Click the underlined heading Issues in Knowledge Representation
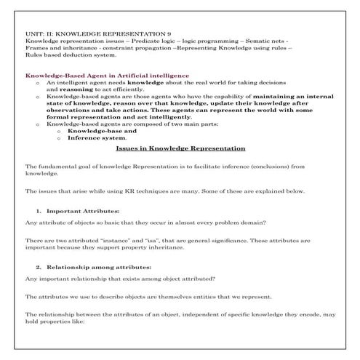coord(180,148)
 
